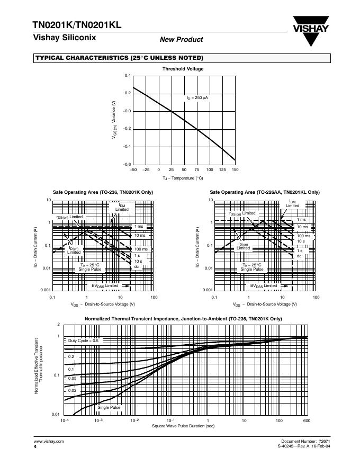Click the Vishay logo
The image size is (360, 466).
click(310, 31)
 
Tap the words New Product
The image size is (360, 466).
click(181, 39)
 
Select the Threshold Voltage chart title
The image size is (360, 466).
click(183, 69)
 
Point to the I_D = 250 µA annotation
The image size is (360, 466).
click(197, 98)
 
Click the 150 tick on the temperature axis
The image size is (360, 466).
click(235, 169)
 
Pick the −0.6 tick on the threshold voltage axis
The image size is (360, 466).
click(127, 165)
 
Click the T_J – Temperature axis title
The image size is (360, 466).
click(183, 178)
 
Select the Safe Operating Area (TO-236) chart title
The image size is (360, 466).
click(103, 192)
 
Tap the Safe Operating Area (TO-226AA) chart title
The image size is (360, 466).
click(265, 192)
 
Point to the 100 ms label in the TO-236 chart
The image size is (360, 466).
click(141, 249)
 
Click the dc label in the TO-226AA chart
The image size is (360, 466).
click(299, 256)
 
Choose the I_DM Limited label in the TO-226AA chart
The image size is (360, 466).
click(292, 204)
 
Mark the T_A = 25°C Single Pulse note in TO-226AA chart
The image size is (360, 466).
click(252, 267)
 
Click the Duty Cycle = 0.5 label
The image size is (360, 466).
click(84, 341)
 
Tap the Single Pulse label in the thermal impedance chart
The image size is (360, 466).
click(109, 407)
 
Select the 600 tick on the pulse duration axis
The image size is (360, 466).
click(307, 420)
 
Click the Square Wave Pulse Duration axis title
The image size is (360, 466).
click(183, 426)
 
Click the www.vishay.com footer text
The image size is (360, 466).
click(49, 441)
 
